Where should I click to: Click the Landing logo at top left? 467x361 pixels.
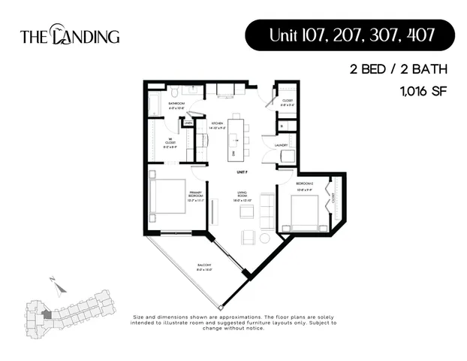click(x=69, y=35)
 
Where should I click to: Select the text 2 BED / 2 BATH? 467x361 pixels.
click(x=398, y=69)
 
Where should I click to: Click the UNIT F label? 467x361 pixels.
click(x=242, y=172)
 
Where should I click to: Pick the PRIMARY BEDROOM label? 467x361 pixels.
click(x=195, y=193)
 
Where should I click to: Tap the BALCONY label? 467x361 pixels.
click(x=204, y=265)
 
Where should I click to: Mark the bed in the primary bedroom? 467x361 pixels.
click(x=168, y=198)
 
